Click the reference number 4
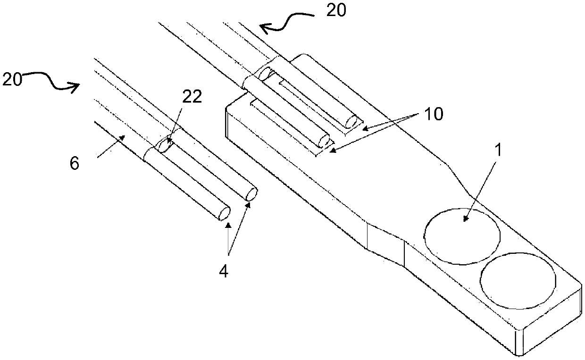point(224,272)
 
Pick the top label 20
point(336,10)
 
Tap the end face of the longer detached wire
point(251,194)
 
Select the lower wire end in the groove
point(324,142)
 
